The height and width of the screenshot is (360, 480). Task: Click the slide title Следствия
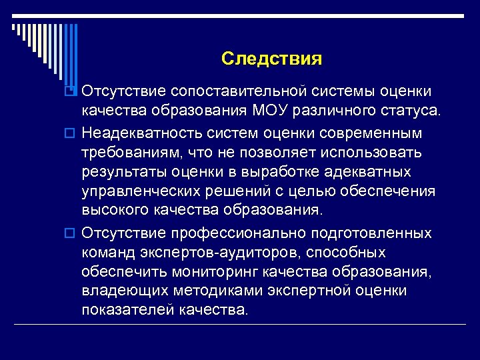[x=271, y=59]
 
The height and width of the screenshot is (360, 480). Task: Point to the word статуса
[x=410, y=109]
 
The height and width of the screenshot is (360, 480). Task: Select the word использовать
[x=370, y=153]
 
